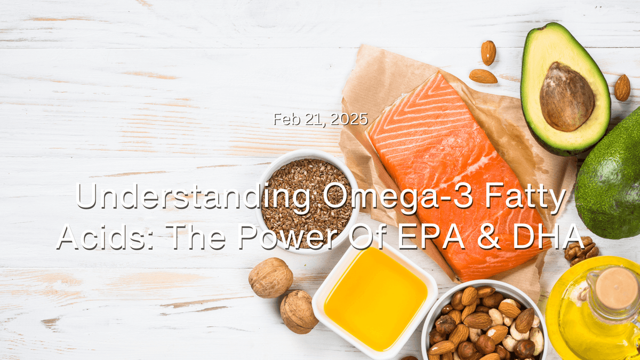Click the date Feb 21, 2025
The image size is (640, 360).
click(x=321, y=119)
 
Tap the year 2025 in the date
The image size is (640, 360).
click(x=350, y=119)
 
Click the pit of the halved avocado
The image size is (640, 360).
click(x=566, y=96)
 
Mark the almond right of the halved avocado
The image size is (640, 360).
click(x=622, y=87)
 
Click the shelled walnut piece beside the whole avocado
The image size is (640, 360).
click(x=581, y=250)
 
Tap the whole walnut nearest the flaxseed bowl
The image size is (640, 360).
click(x=270, y=277)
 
